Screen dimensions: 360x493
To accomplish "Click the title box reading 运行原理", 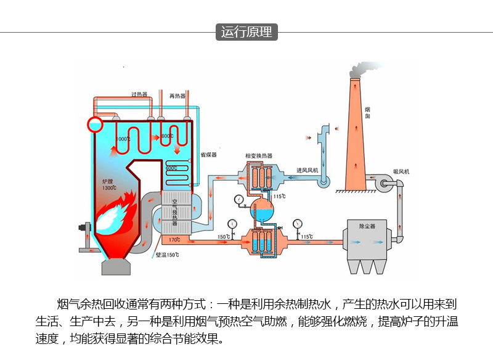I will click(x=246, y=31).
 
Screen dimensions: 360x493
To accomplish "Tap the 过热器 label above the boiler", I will click(x=139, y=94).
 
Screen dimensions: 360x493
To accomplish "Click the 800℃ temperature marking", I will click(x=167, y=136).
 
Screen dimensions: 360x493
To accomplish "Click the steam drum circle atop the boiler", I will click(x=96, y=124).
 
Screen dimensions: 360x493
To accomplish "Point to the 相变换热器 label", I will click(x=258, y=156).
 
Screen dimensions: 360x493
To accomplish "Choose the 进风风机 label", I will click(x=307, y=170).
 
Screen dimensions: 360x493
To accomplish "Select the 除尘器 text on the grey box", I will click(x=367, y=226).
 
